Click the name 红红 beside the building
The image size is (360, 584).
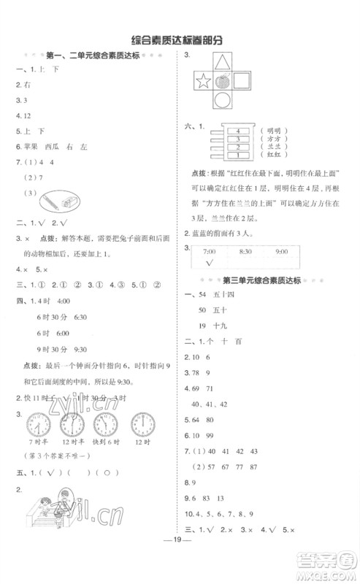point(278,155)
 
